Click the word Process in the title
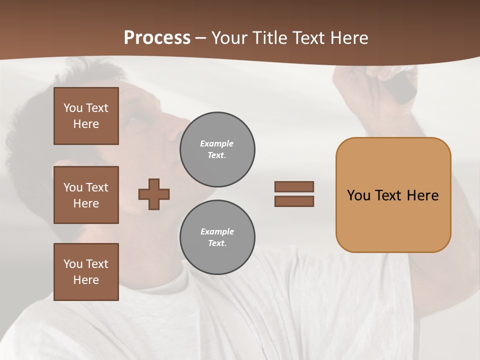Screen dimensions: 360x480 coord(157,38)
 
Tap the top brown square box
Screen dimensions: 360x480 coord(86,116)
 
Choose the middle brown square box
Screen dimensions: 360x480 coord(86,195)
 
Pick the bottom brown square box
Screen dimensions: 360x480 coord(86,272)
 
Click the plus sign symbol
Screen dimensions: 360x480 coord(154,194)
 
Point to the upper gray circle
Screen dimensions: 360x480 coord(217,149)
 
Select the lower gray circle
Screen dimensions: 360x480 coord(217,237)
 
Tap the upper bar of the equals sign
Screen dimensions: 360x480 coord(294,186)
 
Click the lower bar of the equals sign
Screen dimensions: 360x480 coord(294,201)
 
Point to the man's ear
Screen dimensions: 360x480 coord(65,172)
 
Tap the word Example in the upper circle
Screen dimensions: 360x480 coord(216,143)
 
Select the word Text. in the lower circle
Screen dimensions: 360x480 coord(217,243)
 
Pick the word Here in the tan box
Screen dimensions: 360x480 coord(422,195)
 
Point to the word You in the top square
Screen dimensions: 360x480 coord(73,108)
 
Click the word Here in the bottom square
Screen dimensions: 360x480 coord(86,280)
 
